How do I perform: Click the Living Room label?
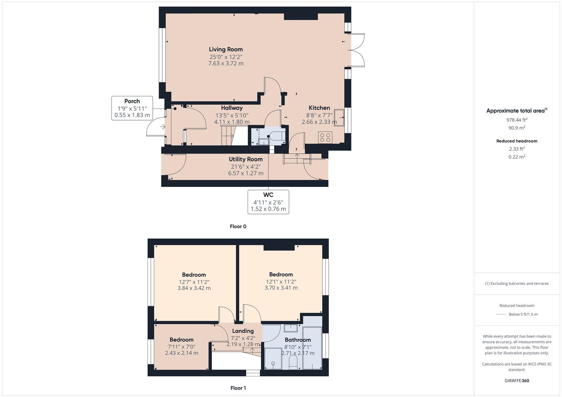point(226,49)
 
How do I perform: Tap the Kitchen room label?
point(319,108)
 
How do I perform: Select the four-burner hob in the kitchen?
point(325,137)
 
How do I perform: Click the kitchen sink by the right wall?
point(339,117)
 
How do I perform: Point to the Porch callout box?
point(132,108)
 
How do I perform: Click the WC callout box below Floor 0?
point(268,201)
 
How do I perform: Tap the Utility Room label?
point(245,159)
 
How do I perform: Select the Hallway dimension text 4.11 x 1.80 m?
point(231,122)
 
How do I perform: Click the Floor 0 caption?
point(238,226)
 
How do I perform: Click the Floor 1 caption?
point(238,388)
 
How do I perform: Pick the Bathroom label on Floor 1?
point(298,340)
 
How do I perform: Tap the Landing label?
point(243,331)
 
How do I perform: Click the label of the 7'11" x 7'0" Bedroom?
point(181,340)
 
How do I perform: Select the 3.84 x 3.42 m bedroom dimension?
point(194,288)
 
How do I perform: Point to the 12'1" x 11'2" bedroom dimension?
point(281,282)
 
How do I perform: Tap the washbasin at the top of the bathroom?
point(291,328)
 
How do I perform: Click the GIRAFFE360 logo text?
point(517,380)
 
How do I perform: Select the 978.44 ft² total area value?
point(517,120)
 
